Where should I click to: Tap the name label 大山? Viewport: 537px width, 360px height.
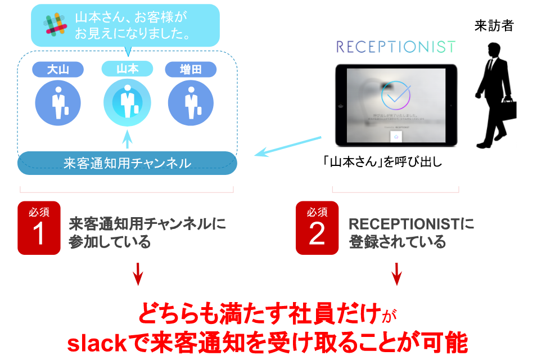point(58,69)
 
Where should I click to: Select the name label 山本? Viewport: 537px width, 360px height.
point(127,69)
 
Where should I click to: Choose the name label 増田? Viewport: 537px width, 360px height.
point(191,69)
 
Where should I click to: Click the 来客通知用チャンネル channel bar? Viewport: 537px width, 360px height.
point(127,163)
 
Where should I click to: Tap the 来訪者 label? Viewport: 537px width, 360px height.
point(494,25)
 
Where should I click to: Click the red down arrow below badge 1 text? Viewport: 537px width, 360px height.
point(138,275)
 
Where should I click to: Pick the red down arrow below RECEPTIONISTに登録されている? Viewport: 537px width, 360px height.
point(397,275)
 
